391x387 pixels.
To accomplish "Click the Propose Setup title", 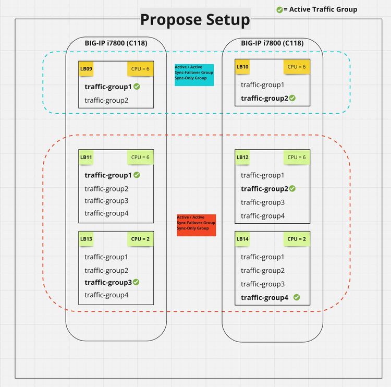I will (x=195, y=20).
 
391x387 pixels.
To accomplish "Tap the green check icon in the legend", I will (x=279, y=9).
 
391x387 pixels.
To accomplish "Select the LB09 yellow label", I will (x=86, y=68).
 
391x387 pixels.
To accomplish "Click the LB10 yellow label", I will (x=243, y=66).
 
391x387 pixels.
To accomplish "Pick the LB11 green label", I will (x=86, y=157).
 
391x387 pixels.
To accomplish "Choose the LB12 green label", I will (x=243, y=157).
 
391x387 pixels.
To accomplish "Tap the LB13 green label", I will (x=86, y=239).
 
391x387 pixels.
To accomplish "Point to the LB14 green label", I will (x=243, y=239).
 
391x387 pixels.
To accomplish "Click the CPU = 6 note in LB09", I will (x=140, y=68).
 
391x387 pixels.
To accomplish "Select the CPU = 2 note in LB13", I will (x=140, y=239).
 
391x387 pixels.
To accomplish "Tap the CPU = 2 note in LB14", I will (x=297, y=239).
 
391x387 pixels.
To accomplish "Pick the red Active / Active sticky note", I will (x=195, y=225).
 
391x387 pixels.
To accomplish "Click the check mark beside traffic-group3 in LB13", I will (x=136, y=282).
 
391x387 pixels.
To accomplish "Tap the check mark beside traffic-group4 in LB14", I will (x=297, y=297).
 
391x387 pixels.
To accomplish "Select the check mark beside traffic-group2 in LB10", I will (x=292, y=98).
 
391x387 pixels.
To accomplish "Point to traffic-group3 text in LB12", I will (x=263, y=202).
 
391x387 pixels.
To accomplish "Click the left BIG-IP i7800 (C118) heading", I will (x=116, y=43).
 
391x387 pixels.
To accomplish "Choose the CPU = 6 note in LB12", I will (x=297, y=157).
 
